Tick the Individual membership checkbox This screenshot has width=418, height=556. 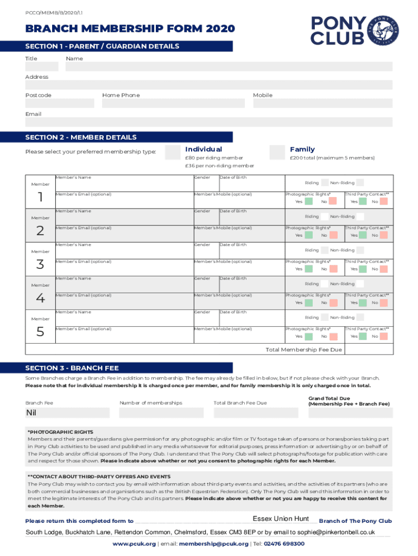[x=172, y=153]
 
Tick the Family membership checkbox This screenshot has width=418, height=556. [x=277, y=153]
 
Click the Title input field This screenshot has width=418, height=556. [x=42, y=67]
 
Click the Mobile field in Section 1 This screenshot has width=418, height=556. [x=322, y=103]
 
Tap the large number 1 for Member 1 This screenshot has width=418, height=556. [x=40, y=197]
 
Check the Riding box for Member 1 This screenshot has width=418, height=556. [x=325, y=183]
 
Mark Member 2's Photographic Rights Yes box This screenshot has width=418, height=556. [x=309, y=235]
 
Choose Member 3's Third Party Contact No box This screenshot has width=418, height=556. [x=384, y=269]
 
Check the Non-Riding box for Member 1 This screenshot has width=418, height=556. [x=360, y=183]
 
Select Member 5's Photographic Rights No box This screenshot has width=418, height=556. [x=333, y=336]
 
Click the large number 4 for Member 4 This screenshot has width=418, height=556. [x=40, y=298]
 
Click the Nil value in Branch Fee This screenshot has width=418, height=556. [x=31, y=413]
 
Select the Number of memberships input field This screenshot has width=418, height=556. [x=162, y=413]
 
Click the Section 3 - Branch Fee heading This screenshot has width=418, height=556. [x=72, y=368]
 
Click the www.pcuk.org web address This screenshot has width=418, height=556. [x=134, y=544]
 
